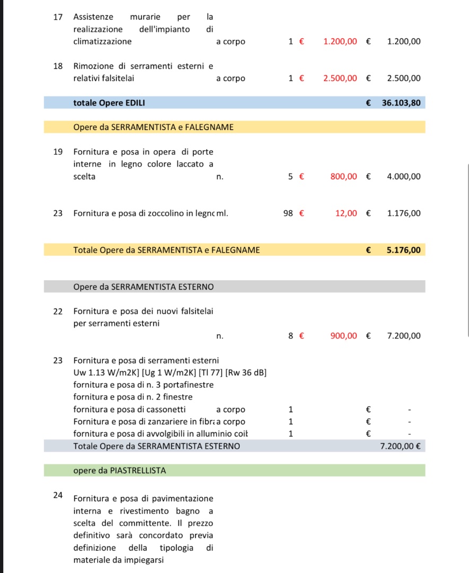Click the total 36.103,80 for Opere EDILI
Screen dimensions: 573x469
coord(401,103)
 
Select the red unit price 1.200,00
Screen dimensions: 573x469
coord(340,41)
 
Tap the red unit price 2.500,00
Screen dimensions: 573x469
coord(340,79)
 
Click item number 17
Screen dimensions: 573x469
coord(58,17)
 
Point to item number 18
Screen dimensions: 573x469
coord(58,66)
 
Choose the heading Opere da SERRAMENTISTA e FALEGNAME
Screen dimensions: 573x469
coord(153,127)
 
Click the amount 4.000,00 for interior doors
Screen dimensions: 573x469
coord(404,177)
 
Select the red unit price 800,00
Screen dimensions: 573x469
coord(344,177)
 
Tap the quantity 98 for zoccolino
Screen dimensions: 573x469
coord(288,213)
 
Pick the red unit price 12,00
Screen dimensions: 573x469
coord(346,213)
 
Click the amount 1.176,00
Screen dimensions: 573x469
coord(404,213)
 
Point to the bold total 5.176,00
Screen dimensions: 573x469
coord(403,250)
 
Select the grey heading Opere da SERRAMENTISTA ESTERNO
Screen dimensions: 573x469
coord(143,287)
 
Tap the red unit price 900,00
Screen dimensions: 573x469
coord(344,336)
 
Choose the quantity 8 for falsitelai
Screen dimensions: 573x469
coord(291,336)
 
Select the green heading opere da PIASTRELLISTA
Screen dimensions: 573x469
coord(119,471)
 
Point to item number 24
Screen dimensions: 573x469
coord(58,495)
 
